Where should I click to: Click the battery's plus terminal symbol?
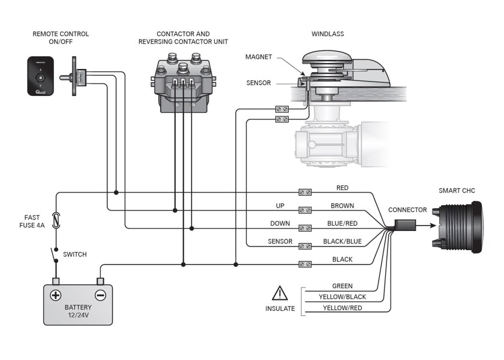[56, 295]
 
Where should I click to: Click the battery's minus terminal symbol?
[100, 295]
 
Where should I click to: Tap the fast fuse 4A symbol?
[56, 220]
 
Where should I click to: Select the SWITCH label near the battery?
[75, 254]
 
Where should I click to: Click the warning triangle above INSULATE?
[280, 293]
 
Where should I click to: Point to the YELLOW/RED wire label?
[343, 308]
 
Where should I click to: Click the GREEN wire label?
[343, 286]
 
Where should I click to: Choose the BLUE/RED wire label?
[343, 223]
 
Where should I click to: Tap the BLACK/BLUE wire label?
[343, 241]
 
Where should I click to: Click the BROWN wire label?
[343, 206]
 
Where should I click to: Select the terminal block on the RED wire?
[305, 192]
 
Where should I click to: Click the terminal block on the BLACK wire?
[305, 264]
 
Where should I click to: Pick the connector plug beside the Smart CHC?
[405, 225]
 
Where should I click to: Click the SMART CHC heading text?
[457, 191]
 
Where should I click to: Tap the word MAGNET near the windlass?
[259, 57]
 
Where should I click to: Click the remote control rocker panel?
[41, 76]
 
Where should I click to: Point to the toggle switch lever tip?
[61, 77]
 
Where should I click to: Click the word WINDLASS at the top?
[328, 34]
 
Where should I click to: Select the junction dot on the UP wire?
[175, 210]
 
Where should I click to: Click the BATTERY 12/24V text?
[78, 311]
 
